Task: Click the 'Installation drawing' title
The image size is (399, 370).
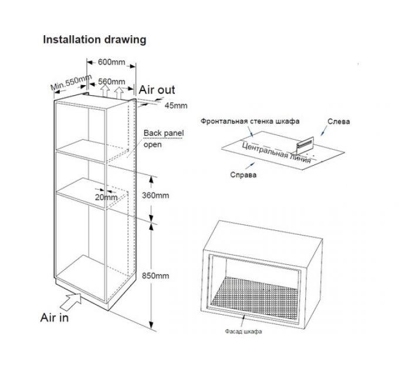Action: (94, 40)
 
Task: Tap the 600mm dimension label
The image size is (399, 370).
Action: (112, 62)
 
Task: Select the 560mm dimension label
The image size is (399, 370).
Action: (111, 81)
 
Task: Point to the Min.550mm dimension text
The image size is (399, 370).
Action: (71, 83)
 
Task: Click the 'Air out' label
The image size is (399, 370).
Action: (157, 90)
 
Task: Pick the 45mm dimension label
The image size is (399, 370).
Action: (175, 106)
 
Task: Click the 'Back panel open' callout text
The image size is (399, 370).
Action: (164, 139)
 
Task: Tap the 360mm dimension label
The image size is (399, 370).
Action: (171, 195)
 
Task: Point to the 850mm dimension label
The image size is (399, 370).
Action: (171, 275)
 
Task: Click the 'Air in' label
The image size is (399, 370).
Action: (54, 317)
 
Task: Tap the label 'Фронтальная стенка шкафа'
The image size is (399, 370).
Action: (250, 122)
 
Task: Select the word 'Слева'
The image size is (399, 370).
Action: (339, 122)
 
